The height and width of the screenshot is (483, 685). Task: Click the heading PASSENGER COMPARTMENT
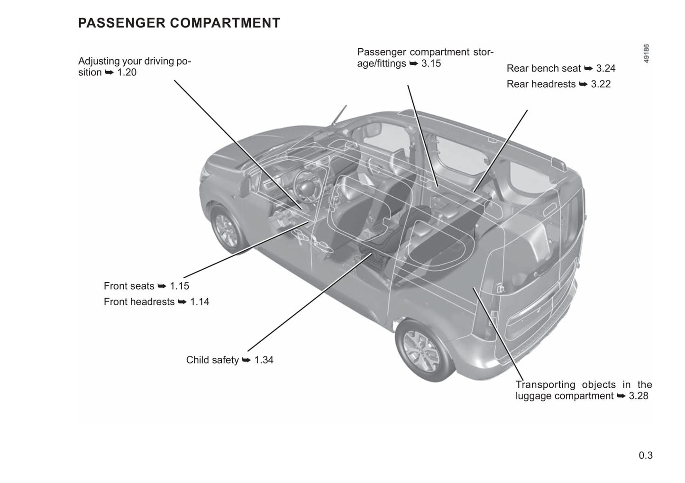click(179, 23)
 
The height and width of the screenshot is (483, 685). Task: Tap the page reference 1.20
click(127, 73)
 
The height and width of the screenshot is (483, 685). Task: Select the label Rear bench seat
click(543, 68)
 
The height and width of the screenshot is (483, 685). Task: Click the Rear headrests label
click(541, 84)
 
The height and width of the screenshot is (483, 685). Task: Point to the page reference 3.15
click(431, 64)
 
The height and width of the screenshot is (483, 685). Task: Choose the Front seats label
click(129, 286)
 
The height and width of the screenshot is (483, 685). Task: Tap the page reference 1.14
click(200, 301)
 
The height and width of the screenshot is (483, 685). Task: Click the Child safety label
click(212, 360)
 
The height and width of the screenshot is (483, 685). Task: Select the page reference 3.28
click(639, 396)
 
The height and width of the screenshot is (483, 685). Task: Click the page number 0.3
click(645, 456)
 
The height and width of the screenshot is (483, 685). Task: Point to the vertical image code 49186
click(647, 54)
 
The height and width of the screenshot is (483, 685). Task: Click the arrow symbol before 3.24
click(588, 69)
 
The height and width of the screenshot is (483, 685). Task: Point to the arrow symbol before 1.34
click(246, 360)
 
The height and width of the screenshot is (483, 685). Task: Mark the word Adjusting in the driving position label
click(99, 61)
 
